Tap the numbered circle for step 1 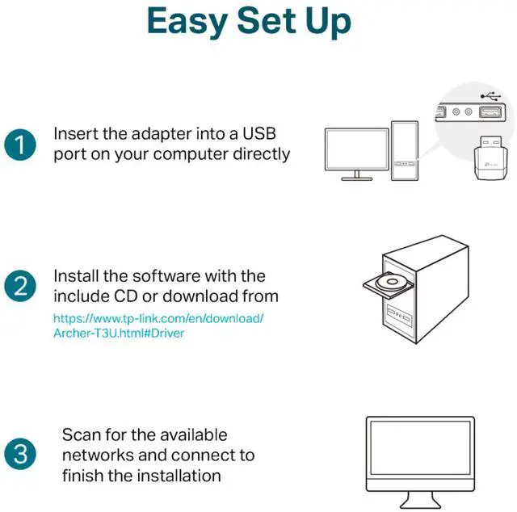click(x=20, y=145)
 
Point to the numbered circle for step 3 click(x=20, y=454)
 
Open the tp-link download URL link click(x=158, y=325)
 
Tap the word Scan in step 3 click(x=81, y=435)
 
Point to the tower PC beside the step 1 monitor click(x=406, y=150)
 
